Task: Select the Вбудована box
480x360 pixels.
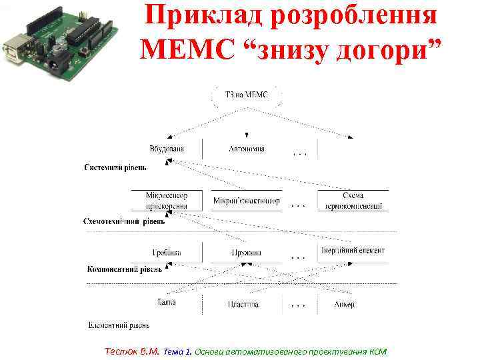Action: coord(167,149)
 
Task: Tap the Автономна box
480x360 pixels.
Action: coord(247,149)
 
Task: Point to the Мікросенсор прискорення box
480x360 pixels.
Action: coord(167,201)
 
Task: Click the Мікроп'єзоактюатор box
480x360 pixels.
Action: coord(247,201)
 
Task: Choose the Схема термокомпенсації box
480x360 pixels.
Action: coord(353,201)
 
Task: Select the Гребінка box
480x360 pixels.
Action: coord(167,253)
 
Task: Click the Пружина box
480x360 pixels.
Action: coord(247,253)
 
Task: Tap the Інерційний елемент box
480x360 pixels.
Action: coord(353,251)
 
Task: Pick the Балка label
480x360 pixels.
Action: coord(167,302)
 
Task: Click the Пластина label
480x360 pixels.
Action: coord(243,304)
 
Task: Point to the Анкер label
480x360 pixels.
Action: coord(345,304)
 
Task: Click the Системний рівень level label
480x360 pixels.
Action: coord(115,167)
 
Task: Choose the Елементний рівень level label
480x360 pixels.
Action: coord(119,326)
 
